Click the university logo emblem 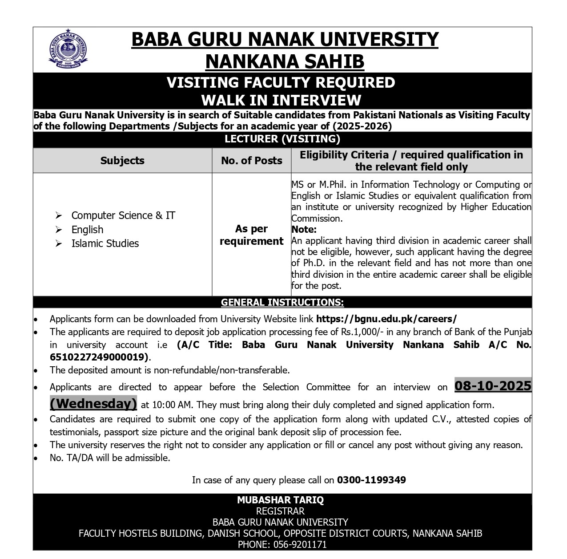click(68, 50)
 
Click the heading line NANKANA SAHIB click(285, 61)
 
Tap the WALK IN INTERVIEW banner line click(281, 99)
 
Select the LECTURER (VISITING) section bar click(282, 139)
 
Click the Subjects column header click(122, 161)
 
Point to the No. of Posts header click(252, 161)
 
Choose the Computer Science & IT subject click(123, 215)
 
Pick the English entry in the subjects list click(87, 230)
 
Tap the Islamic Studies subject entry click(105, 243)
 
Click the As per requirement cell click(252, 235)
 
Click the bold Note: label click(304, 230)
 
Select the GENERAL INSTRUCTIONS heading click(282, 303)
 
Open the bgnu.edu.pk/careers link click(386, 319)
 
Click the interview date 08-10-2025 click(493, 385)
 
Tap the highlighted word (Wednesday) click(93, 404)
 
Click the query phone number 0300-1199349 click(371, 480)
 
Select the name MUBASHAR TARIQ click(280, 500)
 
